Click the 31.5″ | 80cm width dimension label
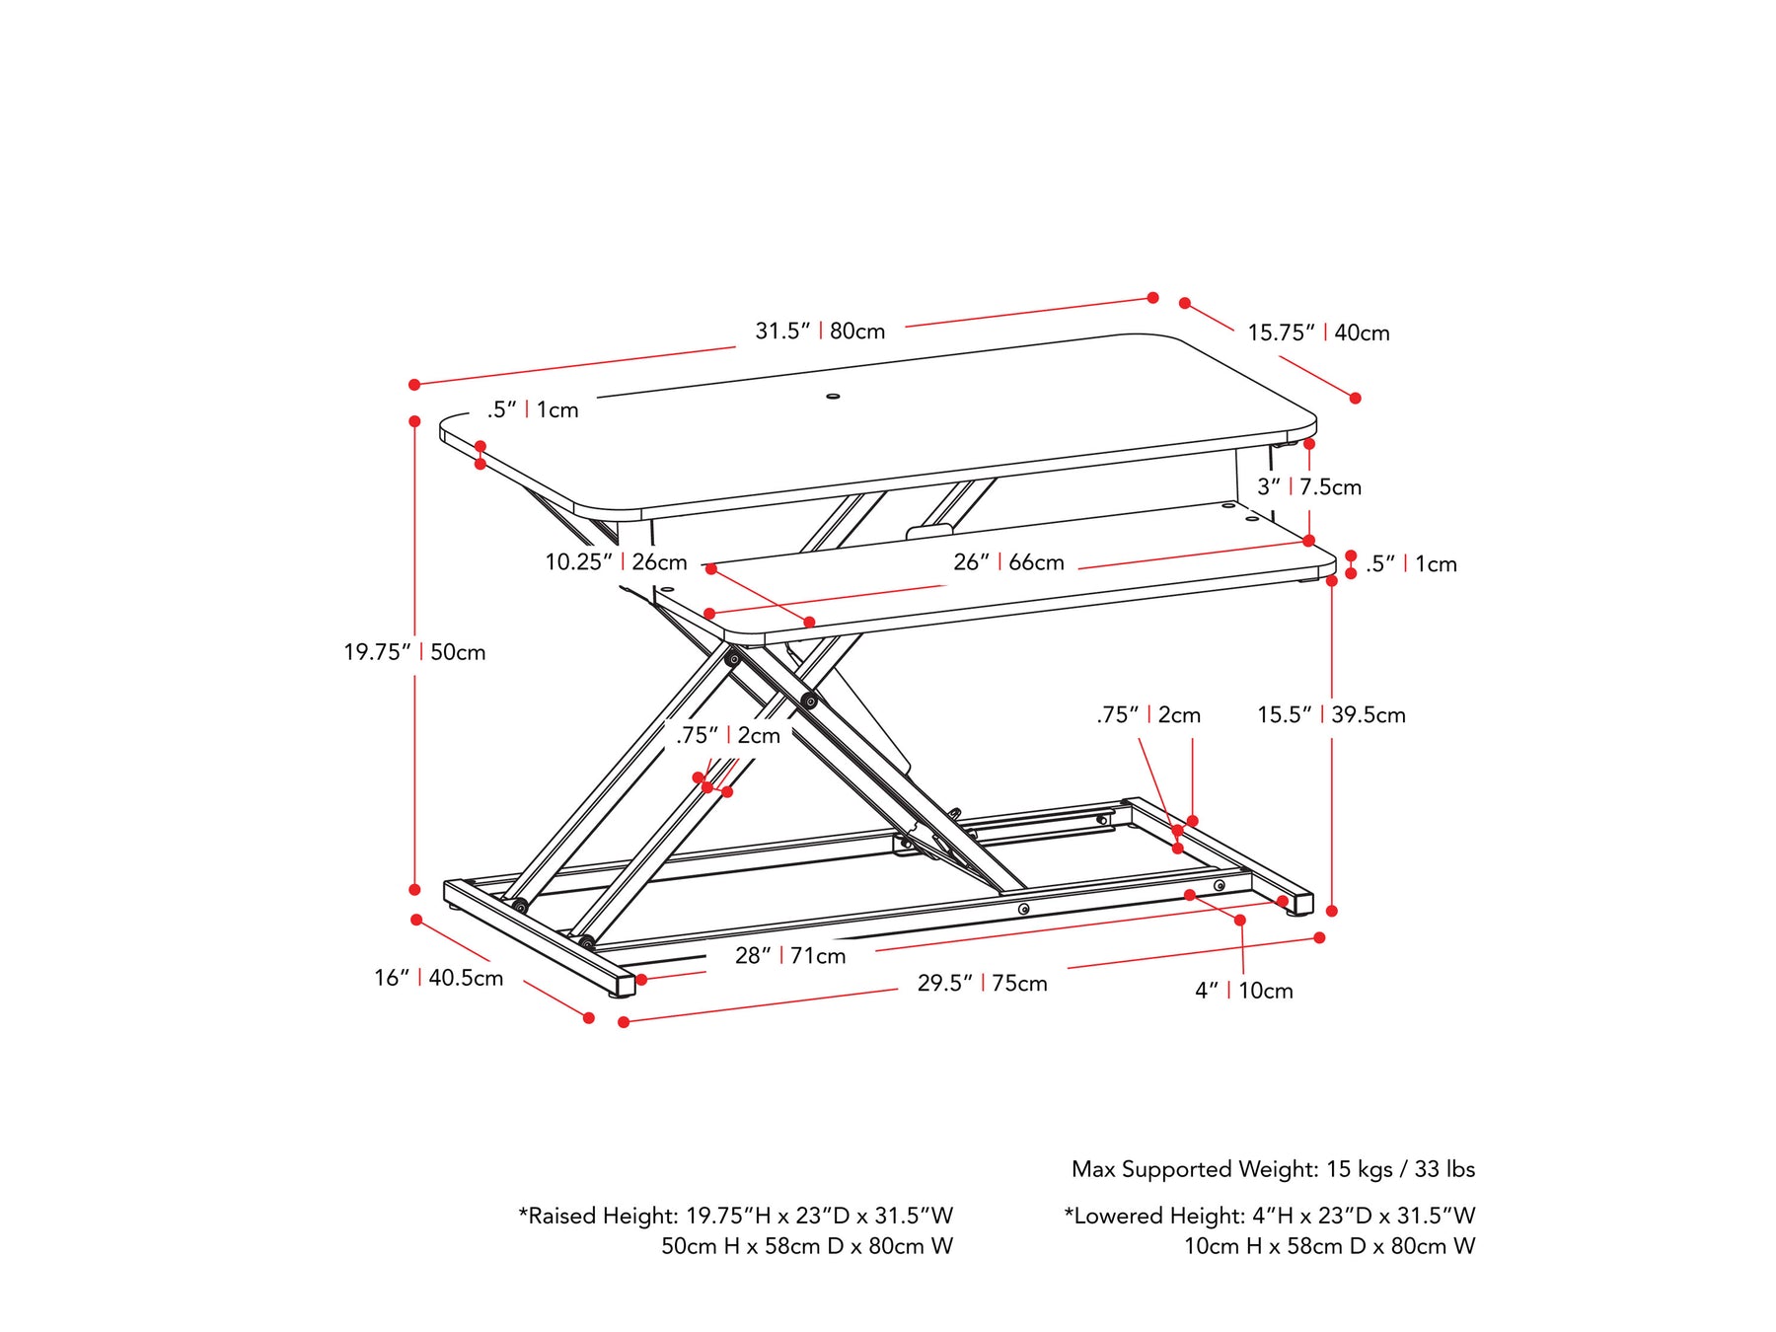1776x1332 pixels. click(x=820, y=331)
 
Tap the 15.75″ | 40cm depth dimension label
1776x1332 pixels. click(x=1318, y=333)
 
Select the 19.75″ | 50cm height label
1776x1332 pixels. click(x=414, y=651)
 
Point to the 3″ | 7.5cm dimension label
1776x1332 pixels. click(x=1308, y=486)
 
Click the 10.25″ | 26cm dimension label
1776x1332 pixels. click(x=616, y=562)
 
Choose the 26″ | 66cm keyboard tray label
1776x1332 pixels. click(x=1008, y=562)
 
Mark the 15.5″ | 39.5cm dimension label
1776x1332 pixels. click(x=1331, y=714)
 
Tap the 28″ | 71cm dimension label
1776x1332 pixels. click(x=790, y=955)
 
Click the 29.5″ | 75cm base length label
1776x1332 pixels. click(x=982, y=983)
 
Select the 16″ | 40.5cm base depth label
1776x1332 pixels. click(x=438, y=978)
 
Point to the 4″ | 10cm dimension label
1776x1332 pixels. click(x=1243, y=991)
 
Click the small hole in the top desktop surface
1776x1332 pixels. click(x=833, y=397)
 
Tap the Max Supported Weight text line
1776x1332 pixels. click(x=1273, y=1169)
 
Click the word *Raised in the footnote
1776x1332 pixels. click(x=558, y=1216)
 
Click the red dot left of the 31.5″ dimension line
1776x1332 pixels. click(x=414, y=384)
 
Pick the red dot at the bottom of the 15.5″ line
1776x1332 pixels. click(x=1332, y=911)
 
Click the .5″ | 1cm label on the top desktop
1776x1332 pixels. click(x=533, y=409)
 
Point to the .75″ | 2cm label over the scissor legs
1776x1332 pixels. click(x=728, y=735)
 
